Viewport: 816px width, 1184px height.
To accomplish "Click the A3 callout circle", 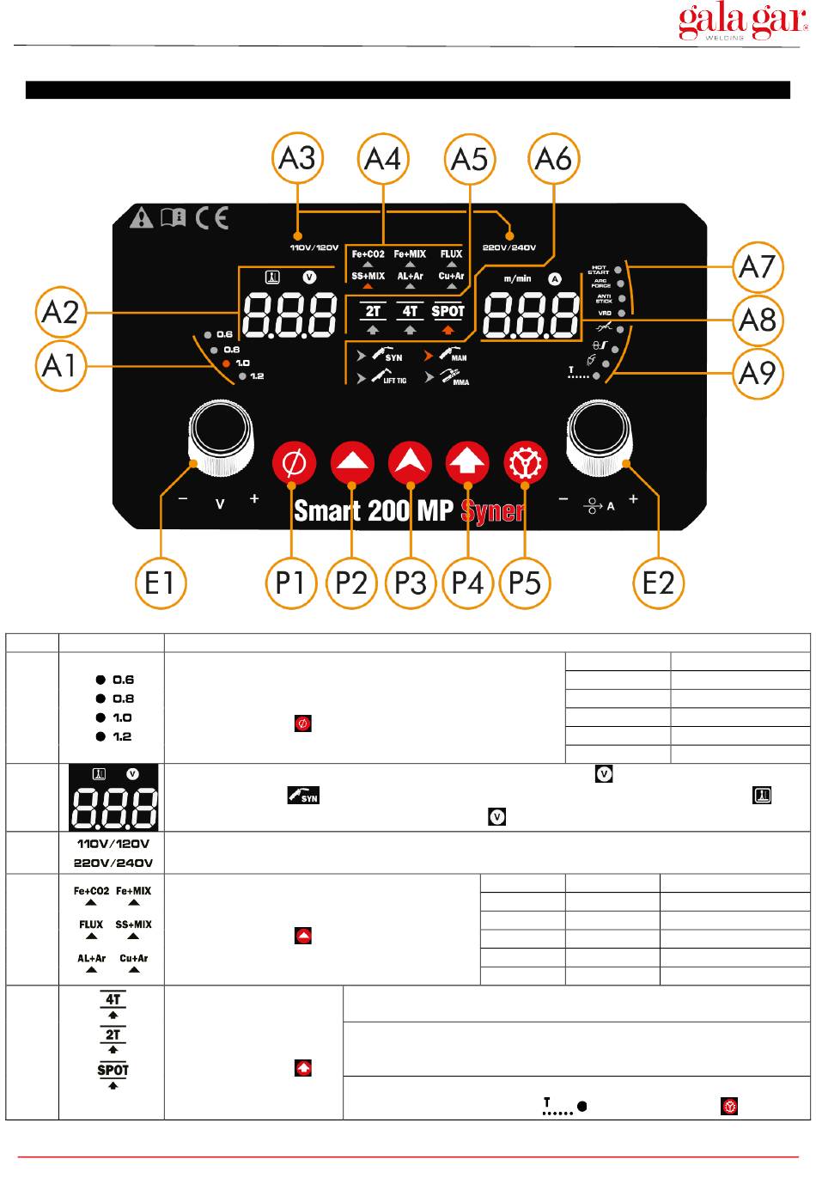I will click(297, 159).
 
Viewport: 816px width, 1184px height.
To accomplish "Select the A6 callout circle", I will click(553, 159).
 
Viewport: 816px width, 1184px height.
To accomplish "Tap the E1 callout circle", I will click(160, 583).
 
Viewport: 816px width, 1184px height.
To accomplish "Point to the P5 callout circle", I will click(525, 583).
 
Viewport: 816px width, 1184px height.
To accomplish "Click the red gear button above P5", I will click(525, 464).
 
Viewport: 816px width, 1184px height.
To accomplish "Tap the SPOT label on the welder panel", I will click(448, 311).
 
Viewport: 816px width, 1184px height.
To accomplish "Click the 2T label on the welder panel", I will click(373, 311).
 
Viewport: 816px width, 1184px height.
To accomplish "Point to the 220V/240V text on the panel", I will click(509, 248).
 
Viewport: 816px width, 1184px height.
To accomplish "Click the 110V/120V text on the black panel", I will click(314, 248).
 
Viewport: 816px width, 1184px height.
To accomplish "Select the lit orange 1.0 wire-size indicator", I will click(227, 363).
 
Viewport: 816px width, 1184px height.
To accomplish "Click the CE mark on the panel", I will click(211, 217).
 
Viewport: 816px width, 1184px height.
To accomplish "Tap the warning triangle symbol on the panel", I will click(141, 217).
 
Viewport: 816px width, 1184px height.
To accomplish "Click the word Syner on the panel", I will click(492, 511).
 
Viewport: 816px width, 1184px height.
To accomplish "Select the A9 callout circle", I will click(758, 373).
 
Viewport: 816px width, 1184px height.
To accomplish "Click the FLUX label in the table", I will click(91, 925).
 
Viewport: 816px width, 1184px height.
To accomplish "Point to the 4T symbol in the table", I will click(113, 999).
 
